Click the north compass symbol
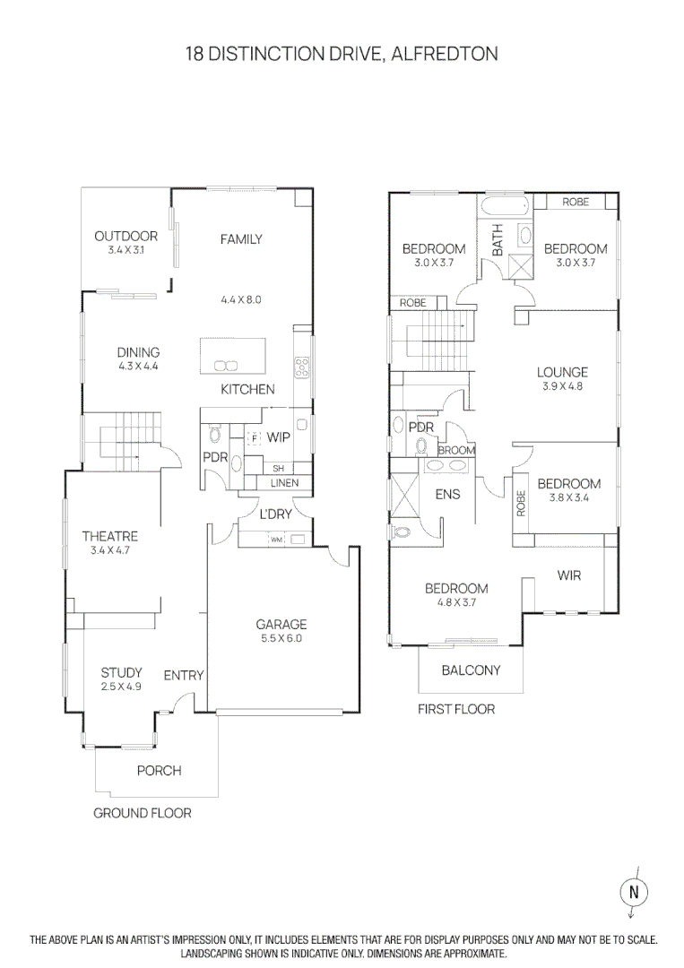pos(634,892)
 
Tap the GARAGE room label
pos(281,625)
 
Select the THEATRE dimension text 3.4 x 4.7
pos(110,551)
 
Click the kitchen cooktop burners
pos(302,366)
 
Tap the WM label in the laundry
pos(276,540)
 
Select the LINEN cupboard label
pos(284,483)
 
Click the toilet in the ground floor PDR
pos(215,435)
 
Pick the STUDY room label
pos(121,673)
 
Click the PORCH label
pos(159,771)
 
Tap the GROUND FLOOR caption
pos(143,813)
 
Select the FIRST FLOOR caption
pos(456,709)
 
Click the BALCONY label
pos(471,670)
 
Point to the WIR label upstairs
pos(568,575)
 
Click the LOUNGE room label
pos(562,372)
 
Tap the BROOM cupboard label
pos(456,451)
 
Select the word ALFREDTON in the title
pos(446,55)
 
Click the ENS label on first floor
pos(447,494)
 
